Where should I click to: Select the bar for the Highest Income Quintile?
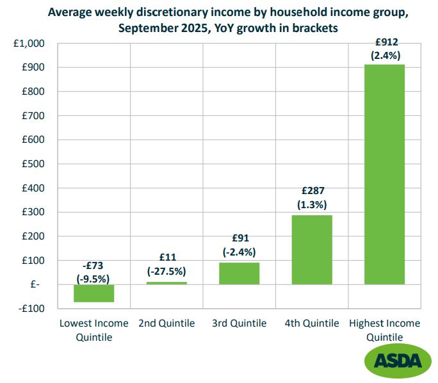tap(384, 174)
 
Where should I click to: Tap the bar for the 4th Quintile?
tap(312, 250)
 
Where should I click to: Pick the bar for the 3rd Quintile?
tap(239, 273)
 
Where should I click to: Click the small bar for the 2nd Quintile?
tap(166, 283)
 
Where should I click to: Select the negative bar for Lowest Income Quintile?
tap(93, 293)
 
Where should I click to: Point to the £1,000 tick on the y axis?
tap(29, 44)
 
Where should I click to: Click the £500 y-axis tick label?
tap(33, 164)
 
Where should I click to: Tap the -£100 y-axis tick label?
tap(31, 309)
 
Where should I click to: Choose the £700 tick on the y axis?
tap(33, 116)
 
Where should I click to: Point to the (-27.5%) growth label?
tap(166, 271)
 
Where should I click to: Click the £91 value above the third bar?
tap(239, 239)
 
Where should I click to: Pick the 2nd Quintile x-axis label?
tap(166, 323)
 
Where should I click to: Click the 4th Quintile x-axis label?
tap(312, 323)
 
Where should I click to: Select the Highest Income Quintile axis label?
tap(384, 330)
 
